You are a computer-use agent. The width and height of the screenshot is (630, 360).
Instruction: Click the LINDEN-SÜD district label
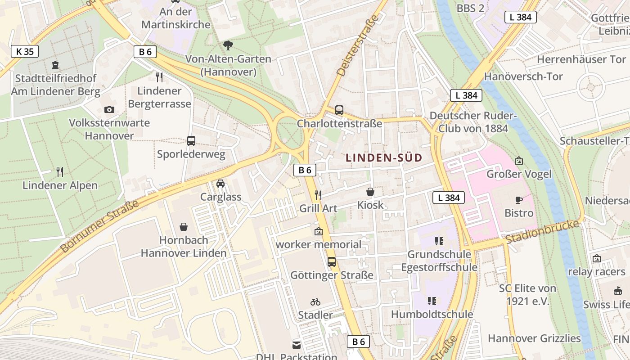tap(384, 157)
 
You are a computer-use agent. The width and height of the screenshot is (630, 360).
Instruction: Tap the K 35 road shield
tap(25, 51)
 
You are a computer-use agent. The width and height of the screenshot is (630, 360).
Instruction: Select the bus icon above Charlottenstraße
tap(339, 110)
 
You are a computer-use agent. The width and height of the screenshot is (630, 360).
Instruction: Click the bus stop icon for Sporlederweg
tap(191, 141)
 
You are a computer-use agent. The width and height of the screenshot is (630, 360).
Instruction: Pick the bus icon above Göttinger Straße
tap(332, 261)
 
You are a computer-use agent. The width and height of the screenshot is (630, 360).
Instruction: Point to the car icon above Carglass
tap(220, 184)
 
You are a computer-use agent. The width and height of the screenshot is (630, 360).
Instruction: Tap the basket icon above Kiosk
tap(370, 192)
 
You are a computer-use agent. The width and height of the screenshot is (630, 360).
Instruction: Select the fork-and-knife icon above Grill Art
tap(318, 195)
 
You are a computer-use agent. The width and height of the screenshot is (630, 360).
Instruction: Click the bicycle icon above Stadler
tap(315, 302)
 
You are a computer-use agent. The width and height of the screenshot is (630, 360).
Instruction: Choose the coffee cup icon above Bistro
tap(519, 199)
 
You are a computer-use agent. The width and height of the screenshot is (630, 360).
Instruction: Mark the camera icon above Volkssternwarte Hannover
tap(109, 109)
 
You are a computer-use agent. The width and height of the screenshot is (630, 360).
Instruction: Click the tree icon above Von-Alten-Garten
tap(228, 45)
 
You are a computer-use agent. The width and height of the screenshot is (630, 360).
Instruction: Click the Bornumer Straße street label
tap(99, 226)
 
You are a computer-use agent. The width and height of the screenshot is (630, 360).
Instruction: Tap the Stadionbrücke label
tap(542, 232)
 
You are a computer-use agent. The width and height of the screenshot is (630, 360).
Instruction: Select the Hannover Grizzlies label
tap(534, 338)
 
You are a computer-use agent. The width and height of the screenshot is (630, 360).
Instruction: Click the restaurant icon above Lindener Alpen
tap(60, 171)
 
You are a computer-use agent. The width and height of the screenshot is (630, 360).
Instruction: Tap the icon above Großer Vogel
tap(519, 160)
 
